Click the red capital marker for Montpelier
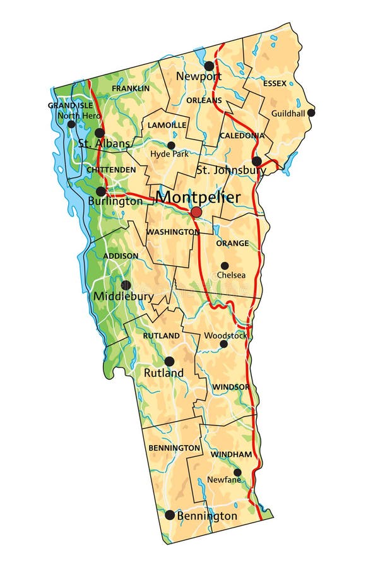(196, 213)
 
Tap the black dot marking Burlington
(101, 191)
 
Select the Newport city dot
(209, 66)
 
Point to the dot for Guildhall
(311, 112)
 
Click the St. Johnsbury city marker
(257, 161)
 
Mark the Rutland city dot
(169, 362)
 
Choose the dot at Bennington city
(170, 515)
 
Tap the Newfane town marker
(237, 472)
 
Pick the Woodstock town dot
(223, 344)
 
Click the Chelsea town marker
(224, 266)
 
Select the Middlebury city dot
(126, 285)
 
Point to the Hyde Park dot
(171, 145)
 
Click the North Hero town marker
(71, 124)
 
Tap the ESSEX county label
(275, 83)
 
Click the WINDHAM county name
(231, 454)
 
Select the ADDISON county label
(120, 256)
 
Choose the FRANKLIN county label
(131, 88)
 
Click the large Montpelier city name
(198, 197)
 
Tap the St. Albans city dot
(100, 133)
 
